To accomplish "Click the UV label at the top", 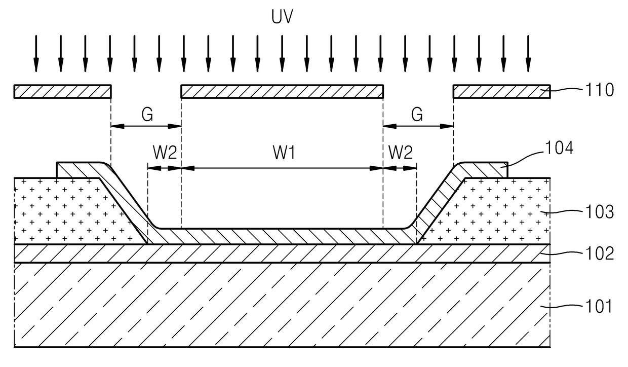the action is tap(282, 16).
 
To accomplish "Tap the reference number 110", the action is tap(600, 90).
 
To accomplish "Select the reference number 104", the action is tap(559, 148).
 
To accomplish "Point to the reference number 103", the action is tap(600, 211).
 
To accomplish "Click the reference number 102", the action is tap(600, 253).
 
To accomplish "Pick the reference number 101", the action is tap(599, 306).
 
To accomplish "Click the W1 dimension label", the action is tap(284, 153).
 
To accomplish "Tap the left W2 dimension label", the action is tap(165, 153).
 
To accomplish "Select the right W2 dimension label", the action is tap(400, 153).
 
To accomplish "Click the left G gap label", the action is tap(147, 115).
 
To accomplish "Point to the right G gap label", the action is tap(417, 115).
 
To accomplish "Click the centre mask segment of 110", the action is tap(282, 91).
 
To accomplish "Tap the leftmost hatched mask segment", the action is tap(62, 91).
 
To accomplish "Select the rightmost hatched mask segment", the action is tap(501, 91).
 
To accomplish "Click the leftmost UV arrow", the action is tap(36, 54).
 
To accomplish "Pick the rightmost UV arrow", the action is tap(528, 54).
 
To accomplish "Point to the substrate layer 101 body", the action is tap(282, 305).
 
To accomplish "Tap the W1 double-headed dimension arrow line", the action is tap(282, 168).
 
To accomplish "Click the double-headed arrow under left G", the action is tap(146, 126).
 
